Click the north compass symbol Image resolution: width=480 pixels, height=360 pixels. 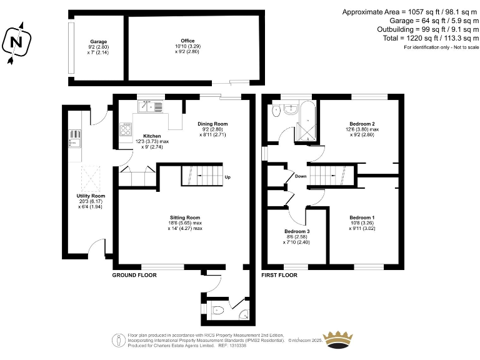click(17, 42)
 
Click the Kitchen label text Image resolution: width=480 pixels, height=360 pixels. click(152, 136)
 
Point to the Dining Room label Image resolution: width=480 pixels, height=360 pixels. click(212, 124)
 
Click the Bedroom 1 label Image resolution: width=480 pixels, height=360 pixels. click(362, 217)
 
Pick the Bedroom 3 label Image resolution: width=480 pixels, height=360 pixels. click(297, 231)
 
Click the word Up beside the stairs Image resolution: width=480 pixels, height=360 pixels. click(227, 177)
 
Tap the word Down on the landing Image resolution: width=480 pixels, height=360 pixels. click(301, 176)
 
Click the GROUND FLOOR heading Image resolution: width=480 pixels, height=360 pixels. click(134, 275)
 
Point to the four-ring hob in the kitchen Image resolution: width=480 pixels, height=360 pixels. click(126, 130)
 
